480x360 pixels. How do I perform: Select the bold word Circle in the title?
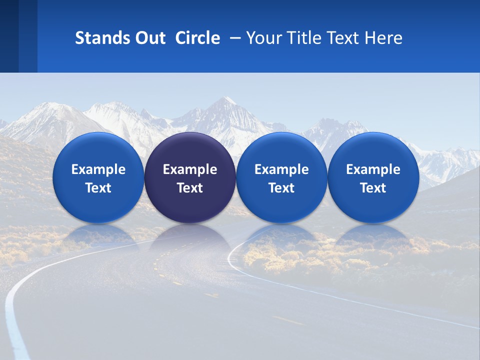(x=197, y=38)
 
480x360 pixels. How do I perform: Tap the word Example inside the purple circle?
(x=190, y=169)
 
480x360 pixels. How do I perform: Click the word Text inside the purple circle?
(x=190, y=188)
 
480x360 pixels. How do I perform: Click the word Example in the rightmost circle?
(x=373, y=169)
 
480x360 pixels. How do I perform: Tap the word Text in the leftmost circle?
(x=98, y=188)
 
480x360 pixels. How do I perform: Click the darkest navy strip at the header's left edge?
(x=9, y=36)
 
